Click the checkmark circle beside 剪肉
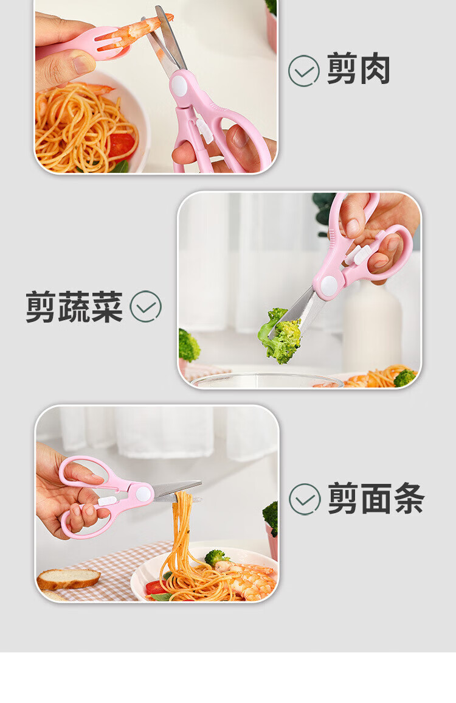(x=304, y=71)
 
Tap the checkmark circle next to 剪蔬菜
(x=145, y=307)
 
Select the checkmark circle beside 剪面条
(x=305, y=499)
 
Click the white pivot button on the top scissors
(x=179, y=85)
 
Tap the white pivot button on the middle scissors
(x=330, y=285)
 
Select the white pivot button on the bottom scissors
(x=143, y=493)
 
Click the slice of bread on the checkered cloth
(x=68, y=579)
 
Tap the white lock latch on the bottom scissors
(x=106, y=501)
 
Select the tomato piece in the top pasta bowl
(x=121, y=145)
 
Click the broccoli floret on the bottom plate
(x=216, y=558)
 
